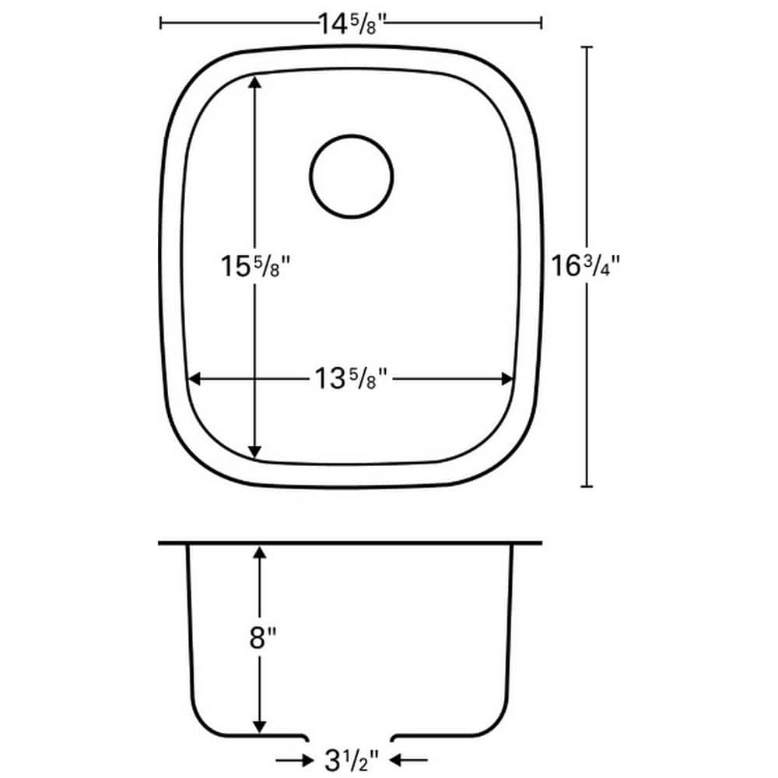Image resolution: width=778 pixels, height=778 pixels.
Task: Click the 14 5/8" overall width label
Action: tap(351, 23)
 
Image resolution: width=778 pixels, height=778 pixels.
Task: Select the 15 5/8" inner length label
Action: tap(254, 266)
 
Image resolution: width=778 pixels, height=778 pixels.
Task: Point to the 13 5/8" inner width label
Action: tap(351, 380)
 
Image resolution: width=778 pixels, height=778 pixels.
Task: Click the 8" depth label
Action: tap(261, 640)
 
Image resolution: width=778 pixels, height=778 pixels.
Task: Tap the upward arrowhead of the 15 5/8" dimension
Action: tap(254, 82)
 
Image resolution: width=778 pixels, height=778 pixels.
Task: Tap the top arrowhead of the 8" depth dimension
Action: tap(260, 552)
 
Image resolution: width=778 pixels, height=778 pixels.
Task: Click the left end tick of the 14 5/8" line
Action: tap(160, 23)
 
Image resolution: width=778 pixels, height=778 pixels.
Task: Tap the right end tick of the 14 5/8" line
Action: tap(541, 23)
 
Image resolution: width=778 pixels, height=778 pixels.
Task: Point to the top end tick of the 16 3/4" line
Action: tap(587, 47)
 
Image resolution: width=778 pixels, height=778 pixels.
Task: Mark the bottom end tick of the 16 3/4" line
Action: tap(587, 486)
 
